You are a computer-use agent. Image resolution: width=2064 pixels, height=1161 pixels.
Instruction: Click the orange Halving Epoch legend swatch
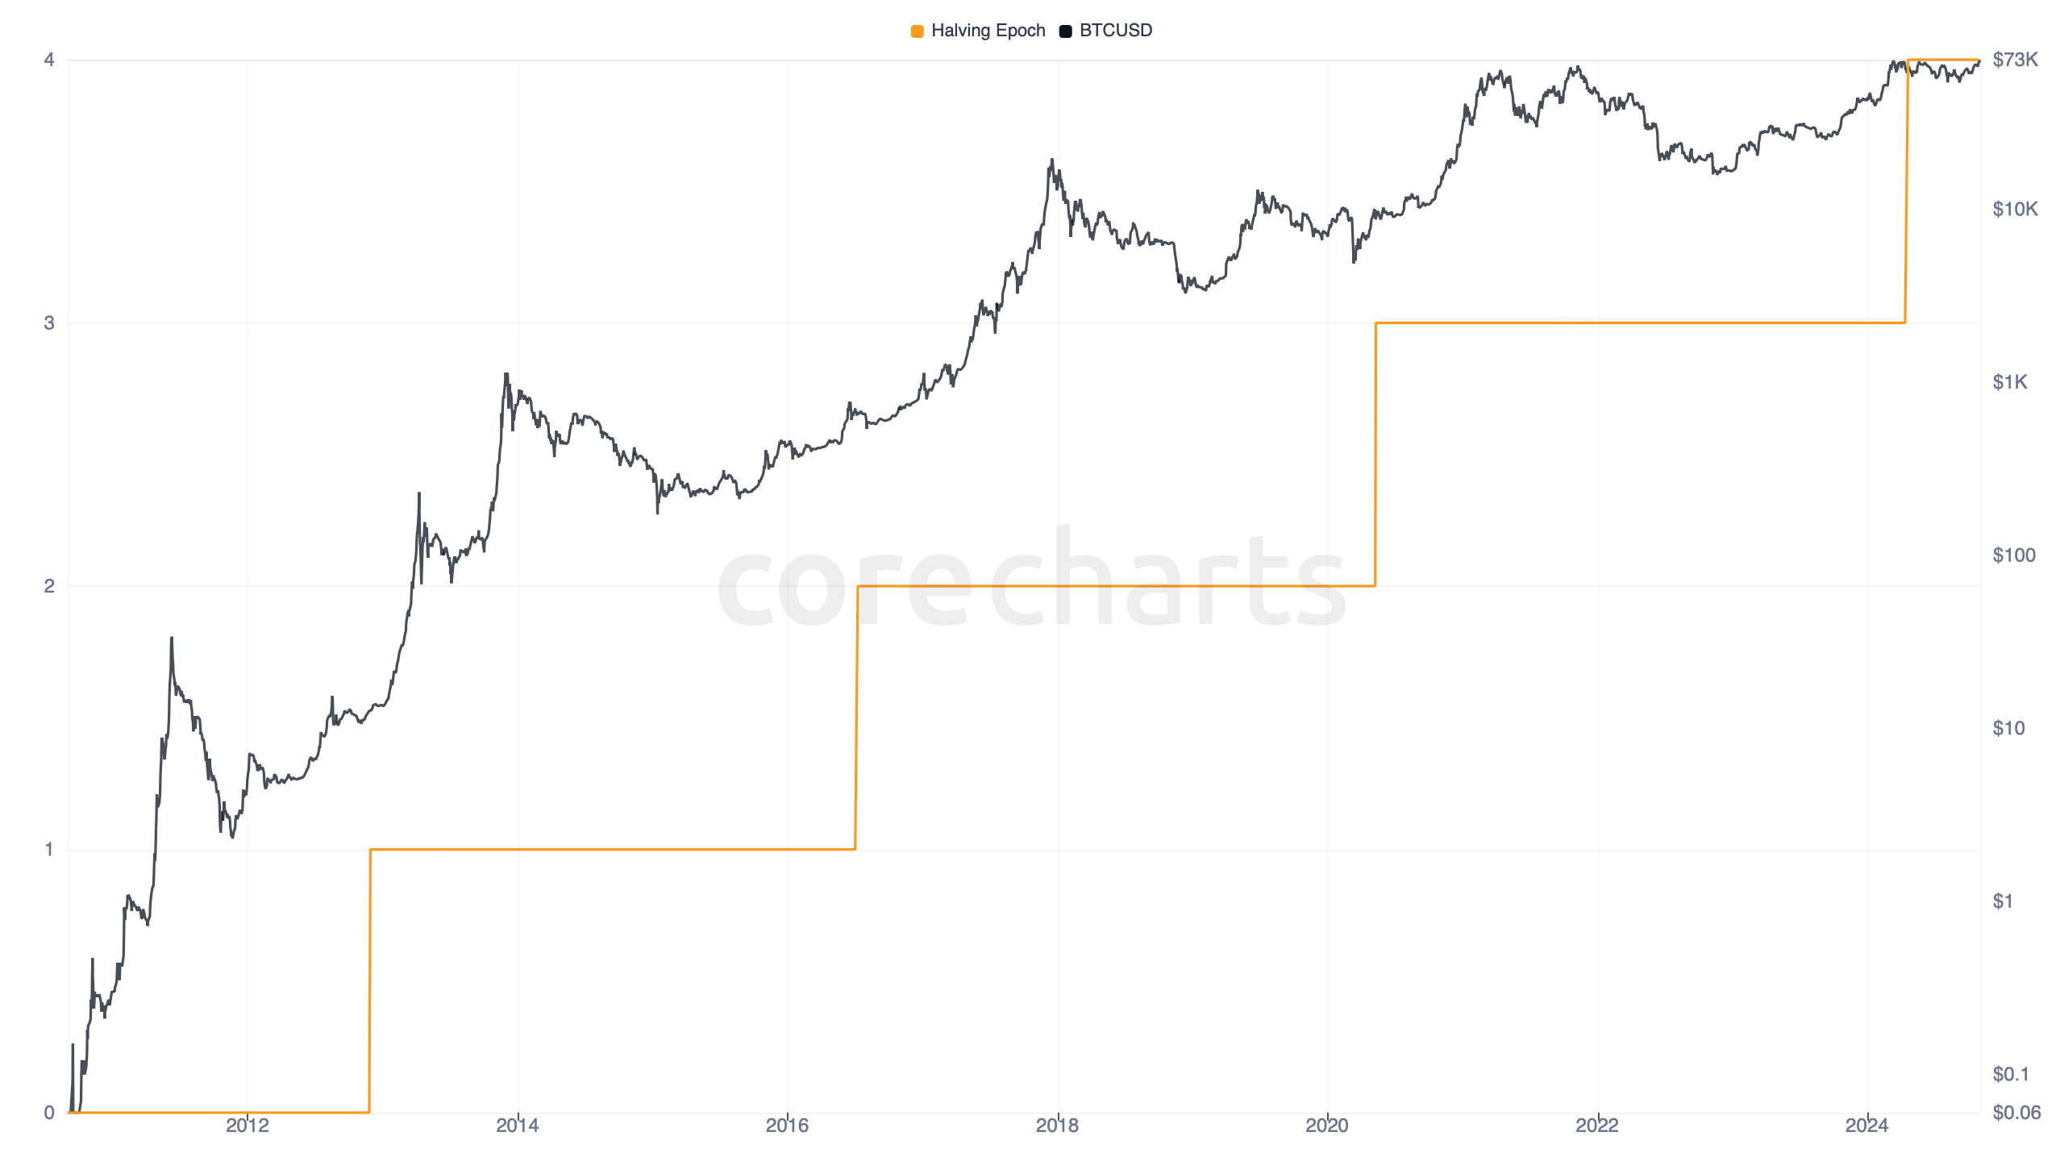click(x=917, y=31)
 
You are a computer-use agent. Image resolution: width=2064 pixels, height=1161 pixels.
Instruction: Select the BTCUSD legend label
click(x=1115, y=31)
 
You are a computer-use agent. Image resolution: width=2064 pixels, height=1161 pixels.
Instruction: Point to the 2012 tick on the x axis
click(x=247, y=1126)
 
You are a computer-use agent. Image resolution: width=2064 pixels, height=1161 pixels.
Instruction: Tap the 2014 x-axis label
click(x=517, y=1126)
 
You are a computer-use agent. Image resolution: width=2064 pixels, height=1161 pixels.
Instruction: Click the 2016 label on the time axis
click(x=787, y=1126)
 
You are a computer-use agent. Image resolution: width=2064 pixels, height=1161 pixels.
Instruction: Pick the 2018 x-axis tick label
click(x=1057, y=1126)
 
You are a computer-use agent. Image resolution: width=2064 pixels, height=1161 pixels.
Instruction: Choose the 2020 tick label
click(x=1327, y=1126)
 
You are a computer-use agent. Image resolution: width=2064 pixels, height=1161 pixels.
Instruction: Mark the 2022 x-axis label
click(x=1597, y=1126)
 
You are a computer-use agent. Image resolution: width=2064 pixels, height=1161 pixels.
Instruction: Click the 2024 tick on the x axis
click(x=1866, y=1126)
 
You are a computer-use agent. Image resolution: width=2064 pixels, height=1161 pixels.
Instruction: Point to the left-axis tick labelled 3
click(x=49, y=323)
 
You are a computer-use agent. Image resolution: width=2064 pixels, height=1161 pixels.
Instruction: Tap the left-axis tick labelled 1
click(x=49, y=849)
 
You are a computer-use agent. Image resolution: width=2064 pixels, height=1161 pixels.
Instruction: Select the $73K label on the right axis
click(x=2015, y=60)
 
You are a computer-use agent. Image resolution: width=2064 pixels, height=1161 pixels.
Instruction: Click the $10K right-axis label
click(x=2015, y=210)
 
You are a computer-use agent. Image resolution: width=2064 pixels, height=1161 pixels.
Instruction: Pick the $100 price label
click(x=2013, y=556)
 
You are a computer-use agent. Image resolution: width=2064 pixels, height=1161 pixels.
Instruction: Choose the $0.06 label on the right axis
click(x=2016, y=1113)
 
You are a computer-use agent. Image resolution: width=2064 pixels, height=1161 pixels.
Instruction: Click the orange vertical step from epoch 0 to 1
click(x=369, y=980)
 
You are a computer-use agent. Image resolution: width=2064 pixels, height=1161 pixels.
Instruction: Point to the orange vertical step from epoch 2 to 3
click(x=1375, y=454)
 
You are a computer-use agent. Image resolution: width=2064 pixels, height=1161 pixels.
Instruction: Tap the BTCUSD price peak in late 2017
click(x=1051, y=161)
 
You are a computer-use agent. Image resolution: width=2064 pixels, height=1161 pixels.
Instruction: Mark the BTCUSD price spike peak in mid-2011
click(x=171, y=639)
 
